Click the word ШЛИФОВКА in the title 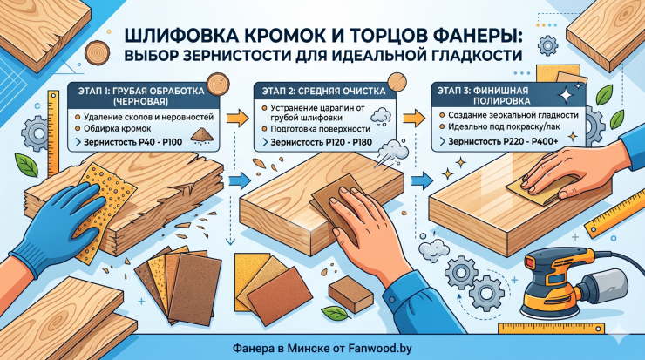(x=180, y=37)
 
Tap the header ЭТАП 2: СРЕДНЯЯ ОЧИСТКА (x=324, y=92)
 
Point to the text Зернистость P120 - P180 (x=321, y=142)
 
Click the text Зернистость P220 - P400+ (x=503, y=141)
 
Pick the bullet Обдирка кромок (x=118, y=128)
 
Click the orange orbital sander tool (x=574, y=282)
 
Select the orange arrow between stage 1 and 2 (x=238, y=118)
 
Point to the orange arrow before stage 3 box (x=414, y=118)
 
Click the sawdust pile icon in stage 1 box (x=200, y=135)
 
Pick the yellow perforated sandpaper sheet (x=106, y=206)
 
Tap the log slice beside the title (x=98, y=52)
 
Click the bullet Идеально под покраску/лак (x=504, y=126)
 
